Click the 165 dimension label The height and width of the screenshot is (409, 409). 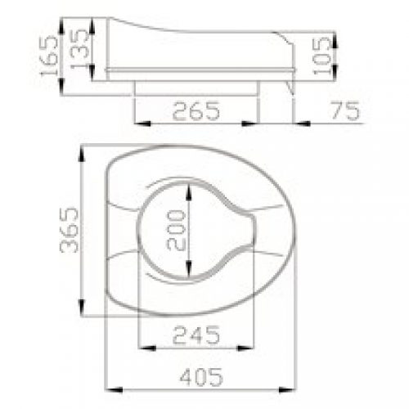[49, 56]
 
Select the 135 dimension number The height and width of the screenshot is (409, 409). [79, 48]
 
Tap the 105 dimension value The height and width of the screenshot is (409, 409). [321, 56]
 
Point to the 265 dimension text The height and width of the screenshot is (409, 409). [196, 111]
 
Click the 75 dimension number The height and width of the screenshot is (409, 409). [345, 110]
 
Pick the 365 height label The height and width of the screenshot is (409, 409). [70, 230]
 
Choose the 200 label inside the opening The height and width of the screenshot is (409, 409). [176, 230]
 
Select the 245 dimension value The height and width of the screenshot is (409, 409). [196, 335]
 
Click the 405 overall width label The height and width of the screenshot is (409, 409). [201, 377]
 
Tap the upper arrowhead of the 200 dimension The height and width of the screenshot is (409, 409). [188, 192]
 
